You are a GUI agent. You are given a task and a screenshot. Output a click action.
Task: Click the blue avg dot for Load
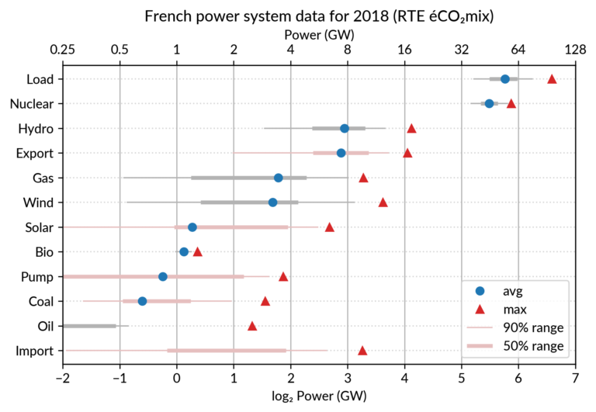(x=504, y=79)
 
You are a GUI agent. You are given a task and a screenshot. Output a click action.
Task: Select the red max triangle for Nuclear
(x=511, y=103)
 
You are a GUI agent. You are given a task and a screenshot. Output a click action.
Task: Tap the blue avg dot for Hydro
(x=345, y=128)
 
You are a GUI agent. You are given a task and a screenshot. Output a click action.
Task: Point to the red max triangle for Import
(x=362, y=351)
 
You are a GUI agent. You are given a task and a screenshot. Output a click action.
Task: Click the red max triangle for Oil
(x=252, y=326)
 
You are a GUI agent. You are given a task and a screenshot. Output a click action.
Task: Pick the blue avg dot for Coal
(x=142, y=301)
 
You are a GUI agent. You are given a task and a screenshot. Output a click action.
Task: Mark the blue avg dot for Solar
(x=192, y=227)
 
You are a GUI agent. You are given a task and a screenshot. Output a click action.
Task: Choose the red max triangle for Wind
(x=383, y=203)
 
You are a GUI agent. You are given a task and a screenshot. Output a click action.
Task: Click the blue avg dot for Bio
(x=184, y=251)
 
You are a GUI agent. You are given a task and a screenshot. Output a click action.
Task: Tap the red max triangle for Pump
(x=283, y=276)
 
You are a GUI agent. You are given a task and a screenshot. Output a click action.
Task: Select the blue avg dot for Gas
(x=279, y=178)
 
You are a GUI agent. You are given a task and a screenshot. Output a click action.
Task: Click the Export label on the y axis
(x=34, y=153)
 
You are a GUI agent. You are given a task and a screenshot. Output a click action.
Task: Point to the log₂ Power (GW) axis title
(x=318, y=396)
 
